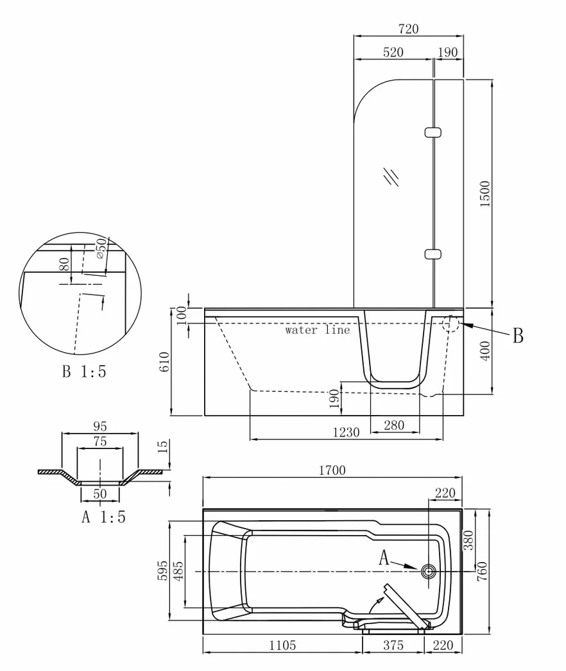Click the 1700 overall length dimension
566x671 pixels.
[332, 470]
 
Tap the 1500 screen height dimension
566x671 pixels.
[485, 194]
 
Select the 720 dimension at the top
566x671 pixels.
[408, 29]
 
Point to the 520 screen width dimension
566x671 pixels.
[393, 52]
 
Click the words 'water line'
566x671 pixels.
[318, 330]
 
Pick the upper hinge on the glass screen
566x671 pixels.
[433, 132]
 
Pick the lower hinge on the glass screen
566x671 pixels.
[433, 254]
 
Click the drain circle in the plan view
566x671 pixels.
[428, 571]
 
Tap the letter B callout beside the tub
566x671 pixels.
[518, 336]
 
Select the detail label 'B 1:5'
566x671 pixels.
[84, 371]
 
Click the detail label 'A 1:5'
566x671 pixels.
[103, 517]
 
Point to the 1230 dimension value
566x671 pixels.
[347, 432]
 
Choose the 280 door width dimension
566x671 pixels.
[394, 425]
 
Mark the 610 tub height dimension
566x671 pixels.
[165, 362]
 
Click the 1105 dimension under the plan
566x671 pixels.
[282, 645]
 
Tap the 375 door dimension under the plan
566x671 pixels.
[393, 645]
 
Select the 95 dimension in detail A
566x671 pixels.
[99, 426]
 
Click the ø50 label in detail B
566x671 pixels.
[101, 248]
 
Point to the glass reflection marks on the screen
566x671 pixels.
[391, 176]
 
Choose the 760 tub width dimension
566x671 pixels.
[482, 571]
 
